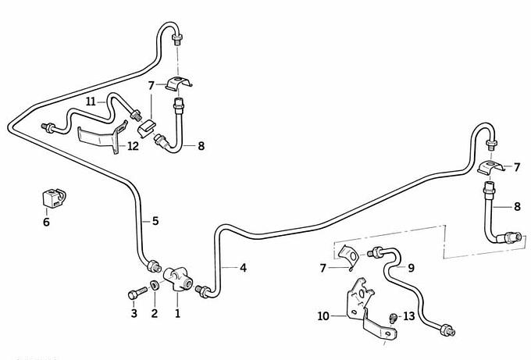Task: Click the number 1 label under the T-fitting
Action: (x=177, y=313)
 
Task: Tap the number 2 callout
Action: (x=154, y=313)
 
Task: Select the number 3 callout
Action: (x=134, y=313)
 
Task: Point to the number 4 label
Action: (x=244, y=268)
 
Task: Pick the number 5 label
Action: (x=155, y=221)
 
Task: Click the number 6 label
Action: (x=46, y=222)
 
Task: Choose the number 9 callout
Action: (x=411, y=266)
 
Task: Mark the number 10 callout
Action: (x=323, y=316)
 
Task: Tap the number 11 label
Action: (x=91, y=102)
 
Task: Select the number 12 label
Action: (x=133, y=146)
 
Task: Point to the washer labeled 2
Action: (x=154, y=290)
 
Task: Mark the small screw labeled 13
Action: (x=393, y=317)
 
